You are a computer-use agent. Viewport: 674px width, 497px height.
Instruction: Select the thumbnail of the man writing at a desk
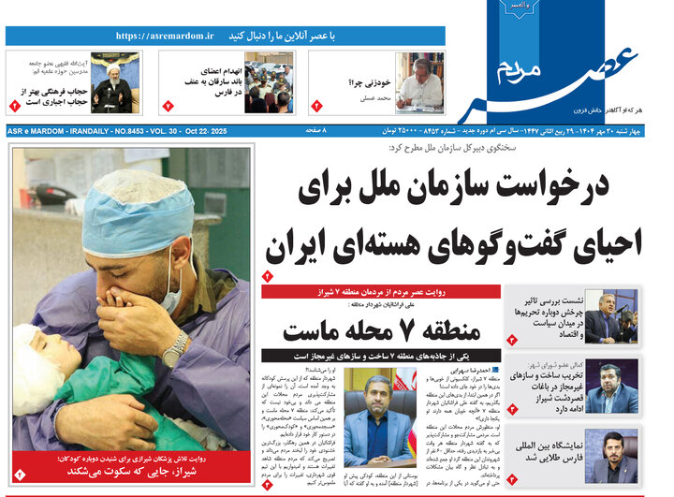coord(418,82)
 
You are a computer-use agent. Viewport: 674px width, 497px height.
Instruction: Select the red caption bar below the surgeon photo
coord(131,464)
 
